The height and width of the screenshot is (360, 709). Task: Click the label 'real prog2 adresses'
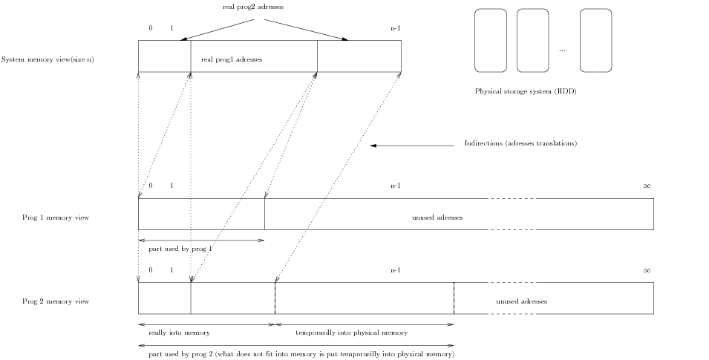point(258,7)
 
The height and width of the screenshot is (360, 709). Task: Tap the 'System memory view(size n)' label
point(48,59)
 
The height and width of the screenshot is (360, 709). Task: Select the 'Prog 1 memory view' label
point(56,217)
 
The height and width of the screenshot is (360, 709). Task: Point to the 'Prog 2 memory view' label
point(56,301)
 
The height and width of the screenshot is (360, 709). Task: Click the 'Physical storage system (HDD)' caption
point(526,92)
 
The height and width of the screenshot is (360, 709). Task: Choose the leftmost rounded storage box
point(490,40)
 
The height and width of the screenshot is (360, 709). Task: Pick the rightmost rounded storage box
point(595,40)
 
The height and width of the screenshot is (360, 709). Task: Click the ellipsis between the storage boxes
point(562,50)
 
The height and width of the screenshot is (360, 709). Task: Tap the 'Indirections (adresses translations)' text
point(520,143)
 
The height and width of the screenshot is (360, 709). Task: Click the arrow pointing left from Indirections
point(412,145)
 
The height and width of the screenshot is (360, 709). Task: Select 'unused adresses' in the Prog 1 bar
point(437,217)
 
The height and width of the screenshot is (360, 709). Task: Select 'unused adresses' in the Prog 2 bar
point(521,301)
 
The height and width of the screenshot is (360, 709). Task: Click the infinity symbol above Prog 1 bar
point(647,186)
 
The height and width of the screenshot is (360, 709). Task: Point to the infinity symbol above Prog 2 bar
point(647,270)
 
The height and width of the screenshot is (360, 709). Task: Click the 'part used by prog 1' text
point(180,249)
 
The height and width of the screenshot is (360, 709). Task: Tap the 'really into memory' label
point(179,333)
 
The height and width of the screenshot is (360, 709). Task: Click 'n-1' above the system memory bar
point(396,28)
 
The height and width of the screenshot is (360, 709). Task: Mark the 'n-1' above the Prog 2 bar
point(396,270)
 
